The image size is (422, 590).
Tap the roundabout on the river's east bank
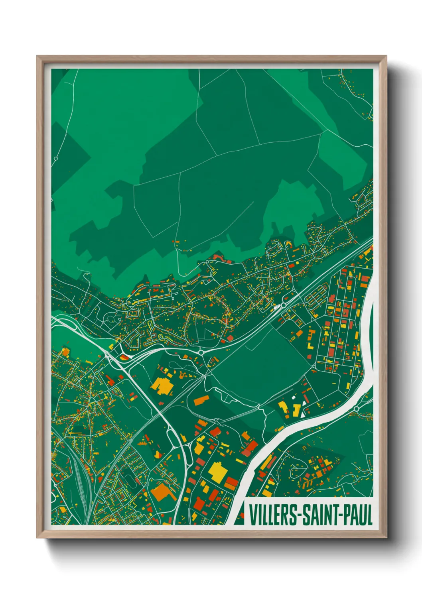coord(356,409)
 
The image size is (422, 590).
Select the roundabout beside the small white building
coord(284,305)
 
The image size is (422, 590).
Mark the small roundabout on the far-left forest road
coord(56,159)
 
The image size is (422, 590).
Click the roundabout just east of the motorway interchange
coord(201,352)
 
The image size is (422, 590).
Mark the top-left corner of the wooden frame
coord(37,56)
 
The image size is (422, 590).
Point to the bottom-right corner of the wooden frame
coord(386,538)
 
